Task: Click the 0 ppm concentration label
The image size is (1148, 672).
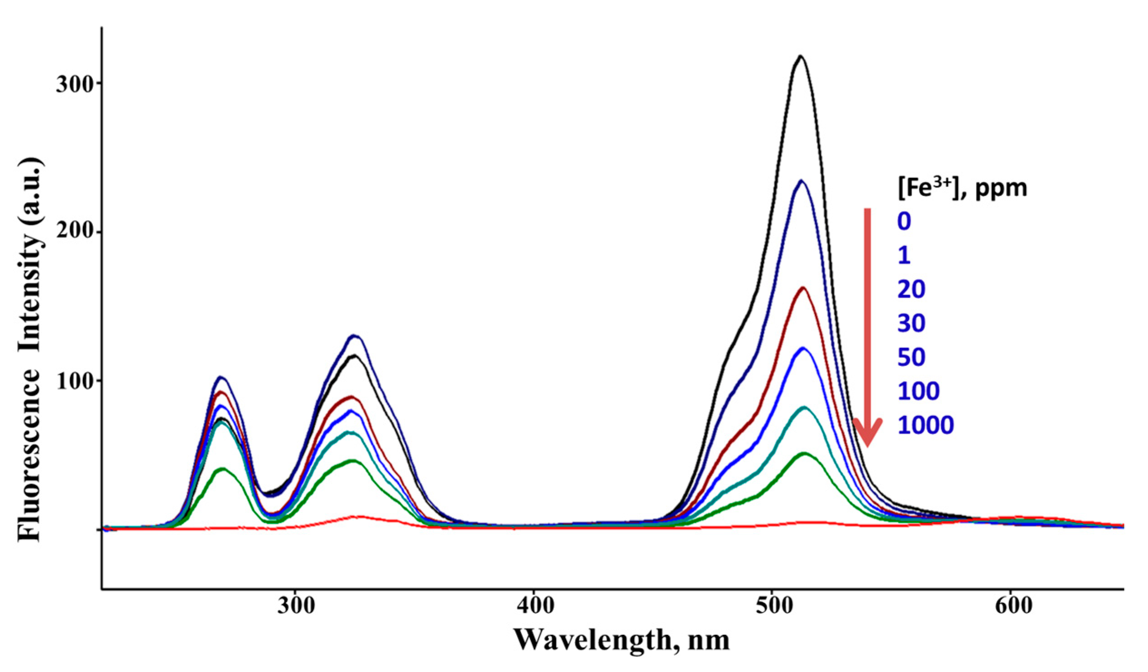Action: click(x=904, y=222)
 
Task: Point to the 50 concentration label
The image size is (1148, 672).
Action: click(x=912, y=357)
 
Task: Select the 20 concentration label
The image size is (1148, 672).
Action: click(x=912, y=290)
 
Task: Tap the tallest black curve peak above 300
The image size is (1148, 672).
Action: click(x=801, y=57)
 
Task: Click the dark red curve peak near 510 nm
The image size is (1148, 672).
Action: click(x=803, y=288)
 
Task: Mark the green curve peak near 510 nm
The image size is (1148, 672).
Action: click(x=805, y=454)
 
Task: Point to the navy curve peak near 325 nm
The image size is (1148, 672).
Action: click(x=354, y=336)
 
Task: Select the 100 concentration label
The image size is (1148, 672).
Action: click(x=918, y=391)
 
